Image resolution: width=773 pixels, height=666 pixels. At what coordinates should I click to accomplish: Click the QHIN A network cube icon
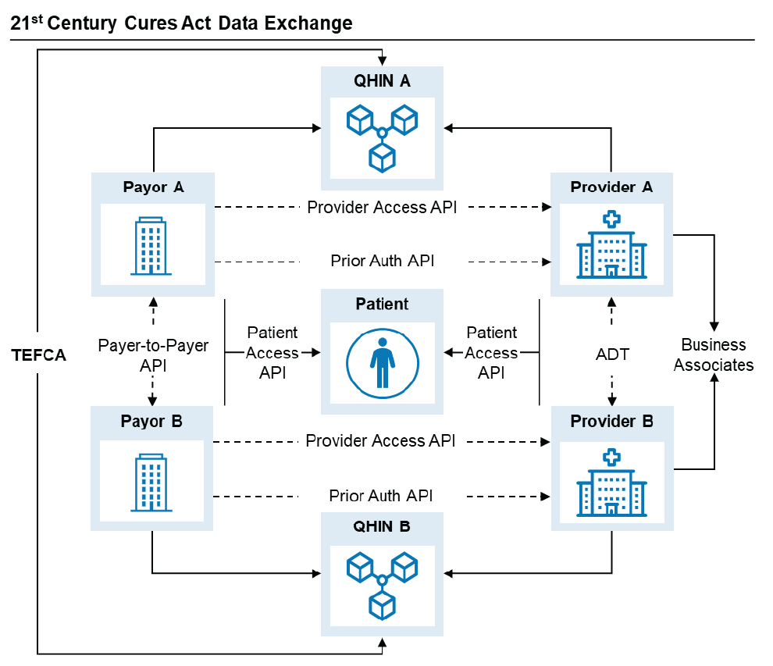[x=383, y=137]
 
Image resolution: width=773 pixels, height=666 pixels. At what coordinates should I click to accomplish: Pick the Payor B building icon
[x=152, y=483]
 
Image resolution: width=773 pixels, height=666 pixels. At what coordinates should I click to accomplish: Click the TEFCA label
[x=39, y=355]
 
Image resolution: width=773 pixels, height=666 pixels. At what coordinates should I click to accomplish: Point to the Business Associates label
[x=714, y=354]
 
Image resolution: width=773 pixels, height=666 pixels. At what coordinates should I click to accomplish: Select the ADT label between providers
[x=611, y=354]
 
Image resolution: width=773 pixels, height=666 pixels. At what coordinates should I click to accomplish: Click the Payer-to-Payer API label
[x=153, y=354]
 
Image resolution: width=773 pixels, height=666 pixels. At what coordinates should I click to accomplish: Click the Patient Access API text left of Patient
[x=272, y=353]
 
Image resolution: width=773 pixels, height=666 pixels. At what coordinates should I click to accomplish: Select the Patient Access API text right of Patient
[x=491, y=353]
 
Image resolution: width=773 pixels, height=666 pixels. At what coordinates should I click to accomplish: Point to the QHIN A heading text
[x=382, y=80]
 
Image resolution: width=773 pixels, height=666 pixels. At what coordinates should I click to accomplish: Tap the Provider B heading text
[x=611, y=422]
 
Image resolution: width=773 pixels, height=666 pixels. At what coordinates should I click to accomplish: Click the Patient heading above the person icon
[x=382, y=304]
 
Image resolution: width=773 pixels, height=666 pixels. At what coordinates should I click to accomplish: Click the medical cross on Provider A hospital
[x=611, y=219]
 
